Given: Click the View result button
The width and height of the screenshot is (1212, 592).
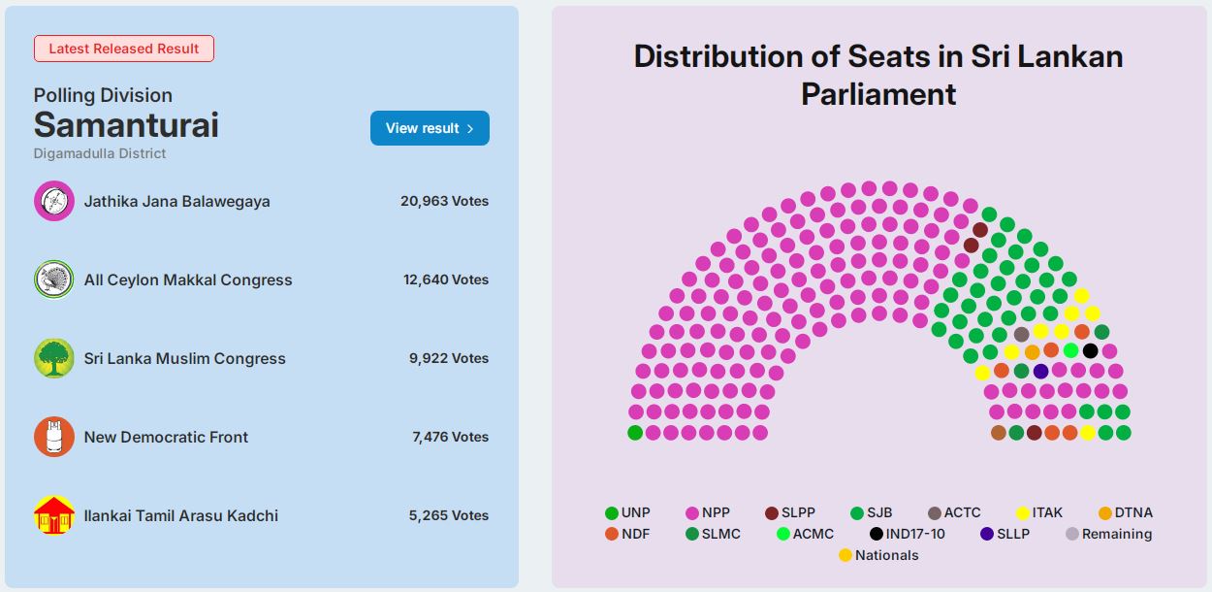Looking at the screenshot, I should [430, 128].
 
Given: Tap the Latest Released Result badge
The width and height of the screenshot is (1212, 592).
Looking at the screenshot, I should [124, 49].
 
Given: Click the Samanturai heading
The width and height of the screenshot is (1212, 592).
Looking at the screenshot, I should [126, 125].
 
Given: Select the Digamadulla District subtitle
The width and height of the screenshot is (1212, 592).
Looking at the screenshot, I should [100, 153].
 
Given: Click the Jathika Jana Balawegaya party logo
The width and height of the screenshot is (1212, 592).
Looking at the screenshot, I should [54, 201].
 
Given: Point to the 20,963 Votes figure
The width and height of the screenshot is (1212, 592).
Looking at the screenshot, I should [444, 201].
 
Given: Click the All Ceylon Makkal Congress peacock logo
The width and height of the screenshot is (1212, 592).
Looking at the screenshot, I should [54, 280].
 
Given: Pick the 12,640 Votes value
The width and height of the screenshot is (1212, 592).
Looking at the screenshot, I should [446, 280].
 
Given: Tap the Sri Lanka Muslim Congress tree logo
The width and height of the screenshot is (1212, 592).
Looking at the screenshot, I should [54, 358].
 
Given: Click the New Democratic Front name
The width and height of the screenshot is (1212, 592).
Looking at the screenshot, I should [166, 437].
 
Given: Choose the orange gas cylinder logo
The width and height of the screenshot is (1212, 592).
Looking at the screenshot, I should [54, 437].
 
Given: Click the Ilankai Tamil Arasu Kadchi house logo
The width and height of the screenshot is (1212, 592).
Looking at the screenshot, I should [54, 515].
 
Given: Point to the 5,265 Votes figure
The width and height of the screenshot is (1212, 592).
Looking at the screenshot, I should [448, 515].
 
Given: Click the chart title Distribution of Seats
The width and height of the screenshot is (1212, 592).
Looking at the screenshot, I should [878, 75].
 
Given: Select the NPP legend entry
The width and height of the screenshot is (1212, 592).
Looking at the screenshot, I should [707, 512].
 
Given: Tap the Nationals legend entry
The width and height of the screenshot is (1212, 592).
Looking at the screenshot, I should [878, 555].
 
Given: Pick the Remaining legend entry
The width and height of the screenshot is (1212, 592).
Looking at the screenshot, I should [1108, 534].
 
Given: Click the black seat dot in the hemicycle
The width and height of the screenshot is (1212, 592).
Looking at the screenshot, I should [1090, 350].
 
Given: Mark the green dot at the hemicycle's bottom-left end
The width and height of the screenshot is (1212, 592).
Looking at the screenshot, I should [635, 433].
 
